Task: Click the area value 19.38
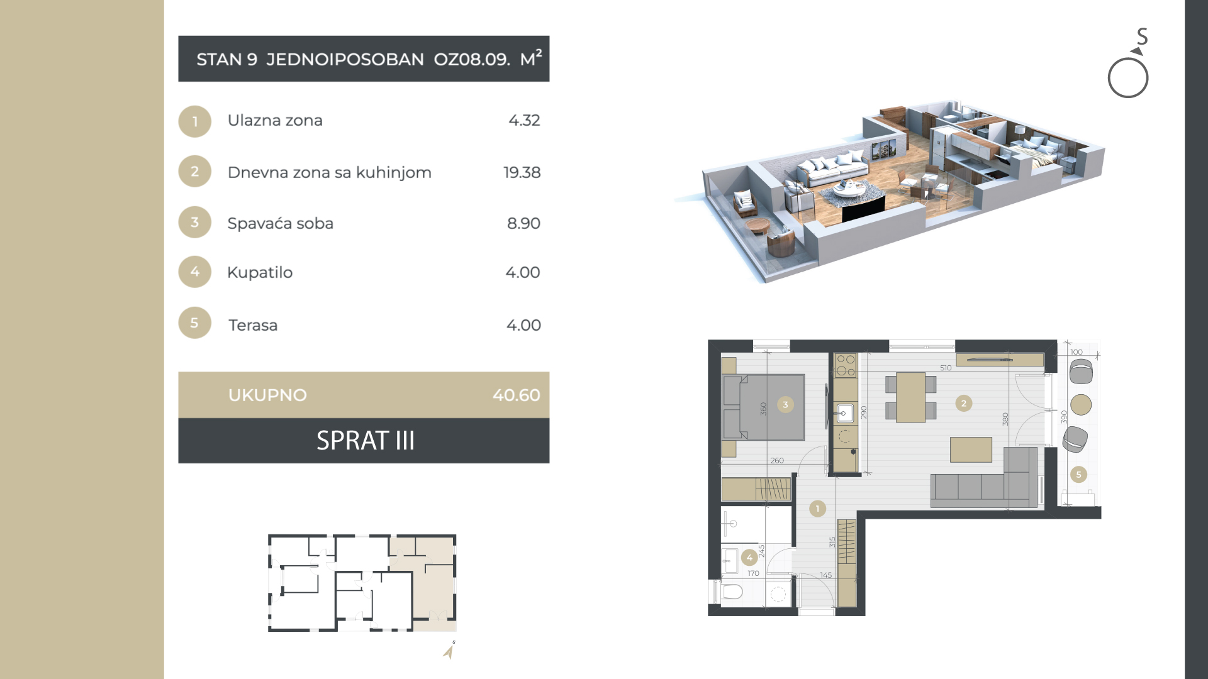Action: [522, 172]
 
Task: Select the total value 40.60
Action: [516, 395]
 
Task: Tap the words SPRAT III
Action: [366, 441]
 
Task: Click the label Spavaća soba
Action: [280, 223]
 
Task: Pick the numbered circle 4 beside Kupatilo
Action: [194, 272]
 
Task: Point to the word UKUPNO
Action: [267, 395]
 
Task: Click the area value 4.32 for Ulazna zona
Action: [524, 120]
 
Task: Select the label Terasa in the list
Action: [252, 325]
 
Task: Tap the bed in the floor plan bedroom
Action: [764, 407]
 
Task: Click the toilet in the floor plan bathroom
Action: [731, 592]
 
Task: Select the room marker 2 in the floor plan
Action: [963, 404]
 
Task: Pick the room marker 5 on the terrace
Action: [1078, 475]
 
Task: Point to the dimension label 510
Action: [946, 368]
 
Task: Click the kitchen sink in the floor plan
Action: [844, 413]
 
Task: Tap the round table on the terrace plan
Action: [1081, 404]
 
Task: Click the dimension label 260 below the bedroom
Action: [777, 460]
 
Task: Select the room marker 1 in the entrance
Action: [817, 508]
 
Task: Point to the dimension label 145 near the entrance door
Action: [826, 575]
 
